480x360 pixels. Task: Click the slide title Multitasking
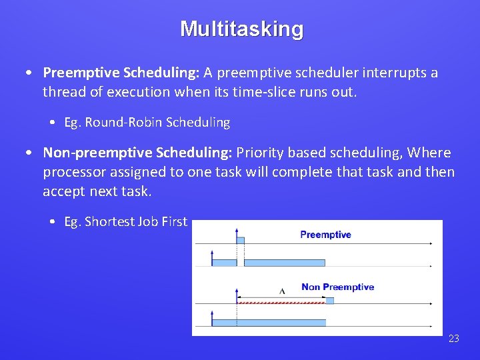coord(241,29)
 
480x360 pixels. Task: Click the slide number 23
coord(454,339)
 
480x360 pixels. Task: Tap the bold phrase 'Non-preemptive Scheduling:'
coord(137,153)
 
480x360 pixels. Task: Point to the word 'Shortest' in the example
coord(109,222)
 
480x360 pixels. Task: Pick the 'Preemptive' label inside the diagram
coord(325,235)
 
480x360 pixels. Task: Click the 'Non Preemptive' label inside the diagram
coord(337,287)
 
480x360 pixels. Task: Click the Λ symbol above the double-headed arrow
coord(282,291)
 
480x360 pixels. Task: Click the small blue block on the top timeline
coord(241,240)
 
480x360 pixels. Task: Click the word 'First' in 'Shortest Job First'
coord(174,222)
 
